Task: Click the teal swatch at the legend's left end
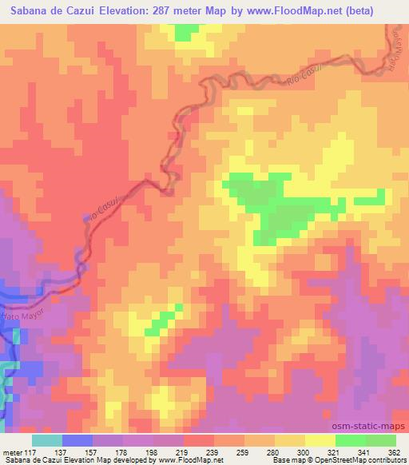click(x=47, y=440)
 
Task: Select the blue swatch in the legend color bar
click(x=77, y=440)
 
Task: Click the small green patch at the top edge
click(x=186, y=31)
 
